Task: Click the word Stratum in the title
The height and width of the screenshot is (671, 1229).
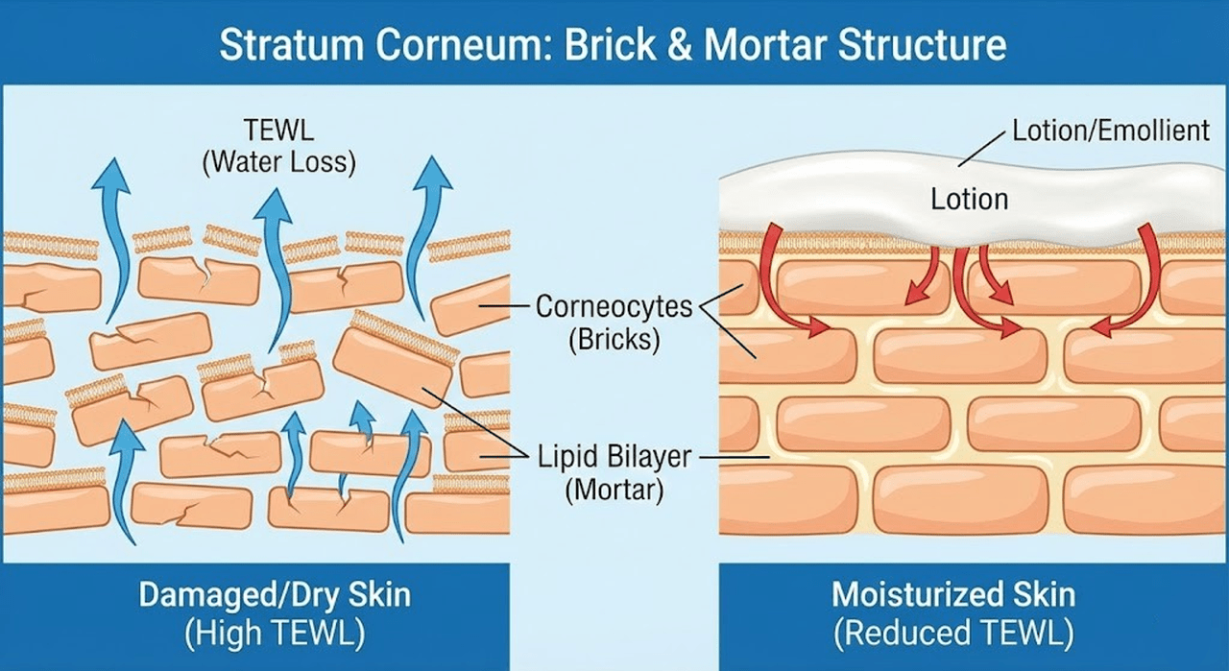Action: coord(292,44)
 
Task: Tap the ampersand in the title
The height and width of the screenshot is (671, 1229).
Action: coord(679,44)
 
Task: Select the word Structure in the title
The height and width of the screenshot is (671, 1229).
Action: coord(922,44)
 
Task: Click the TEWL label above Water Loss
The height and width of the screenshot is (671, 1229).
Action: coord(278,131)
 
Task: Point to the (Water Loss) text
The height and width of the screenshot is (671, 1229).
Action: coord(278,162)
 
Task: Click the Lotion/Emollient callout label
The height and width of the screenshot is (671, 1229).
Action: coord(1111,131)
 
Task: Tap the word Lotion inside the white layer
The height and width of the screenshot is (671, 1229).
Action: coord(970,199)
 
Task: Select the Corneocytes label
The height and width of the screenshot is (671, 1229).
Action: coord(614,306)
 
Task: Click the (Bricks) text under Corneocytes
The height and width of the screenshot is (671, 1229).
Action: coord(614,340)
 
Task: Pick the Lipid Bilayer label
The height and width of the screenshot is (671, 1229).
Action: coord(614,457)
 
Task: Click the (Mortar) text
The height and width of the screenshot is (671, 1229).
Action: coord(614,490)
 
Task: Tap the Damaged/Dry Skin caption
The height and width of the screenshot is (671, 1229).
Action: coord(275,595)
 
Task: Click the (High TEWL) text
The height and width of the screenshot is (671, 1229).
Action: coord(275,633)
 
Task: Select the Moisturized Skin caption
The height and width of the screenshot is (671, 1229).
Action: coord(953,595)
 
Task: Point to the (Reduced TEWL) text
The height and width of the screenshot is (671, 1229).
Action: coord(953,633)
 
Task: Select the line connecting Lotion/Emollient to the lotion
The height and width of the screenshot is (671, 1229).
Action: coord(982,149)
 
